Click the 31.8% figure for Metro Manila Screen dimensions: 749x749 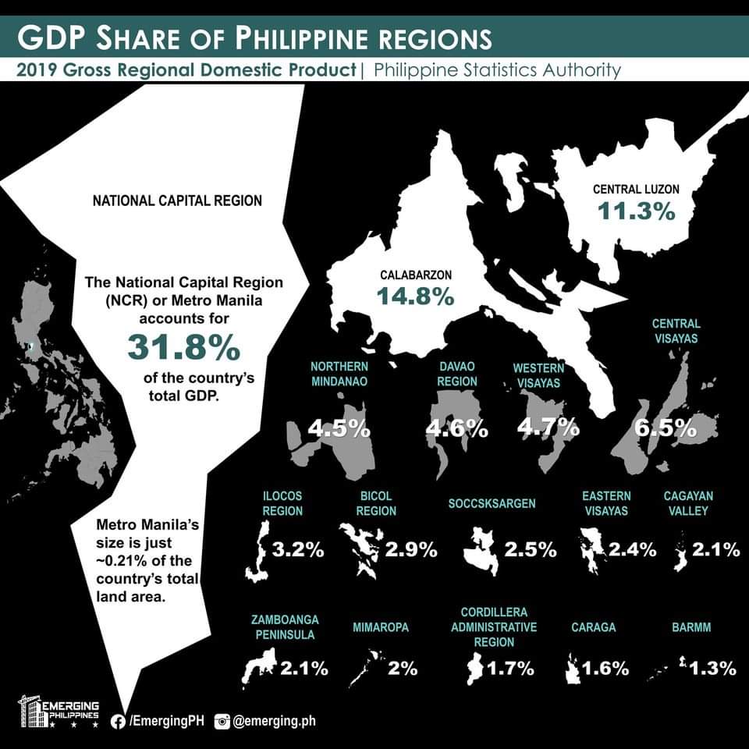pyautogui.click(x=184, y=348)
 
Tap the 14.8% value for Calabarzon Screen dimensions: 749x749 pyautogui.click(x=416, y=296)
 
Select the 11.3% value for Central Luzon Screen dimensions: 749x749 pyautogui.click(x=637, y=211)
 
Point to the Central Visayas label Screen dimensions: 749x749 pyautogui.click(x=676, y=331)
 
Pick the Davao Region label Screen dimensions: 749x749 pyautogui.click(x=456, y=374)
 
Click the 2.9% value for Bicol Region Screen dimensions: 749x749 pyautogui.click(x=411, y=550)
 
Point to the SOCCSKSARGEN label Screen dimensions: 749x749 pyautogui.click(x=492, y=503)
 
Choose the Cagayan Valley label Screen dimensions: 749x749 pyautogui.click(x=689, y=503)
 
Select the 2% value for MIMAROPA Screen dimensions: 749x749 pyautogui.click(x=403, y=669)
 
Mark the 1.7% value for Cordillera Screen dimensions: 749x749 pyautogui.click(x=511, y=669)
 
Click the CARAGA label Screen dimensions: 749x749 pyautogui.click(x=593, y=627)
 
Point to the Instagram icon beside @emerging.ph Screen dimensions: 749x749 pyautogui.click(x=222, y=722)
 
